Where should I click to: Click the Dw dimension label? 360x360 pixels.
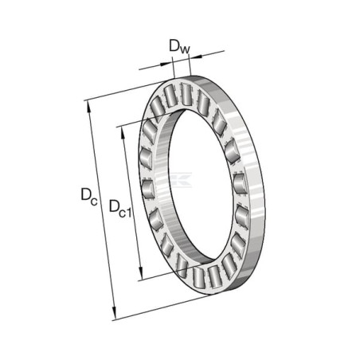coord(179,47)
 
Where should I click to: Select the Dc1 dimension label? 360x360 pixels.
coord(120,209)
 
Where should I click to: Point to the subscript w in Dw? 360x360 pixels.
coord(185,49)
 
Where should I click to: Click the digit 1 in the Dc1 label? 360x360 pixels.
coord(128,213)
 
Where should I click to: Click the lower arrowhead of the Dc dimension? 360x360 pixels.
coord(114,314)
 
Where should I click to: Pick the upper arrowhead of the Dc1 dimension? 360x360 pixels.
coord(123,132)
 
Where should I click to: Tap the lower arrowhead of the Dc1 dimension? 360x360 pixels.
coord(140,273)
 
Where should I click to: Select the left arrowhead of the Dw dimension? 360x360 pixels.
coord(166,64)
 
